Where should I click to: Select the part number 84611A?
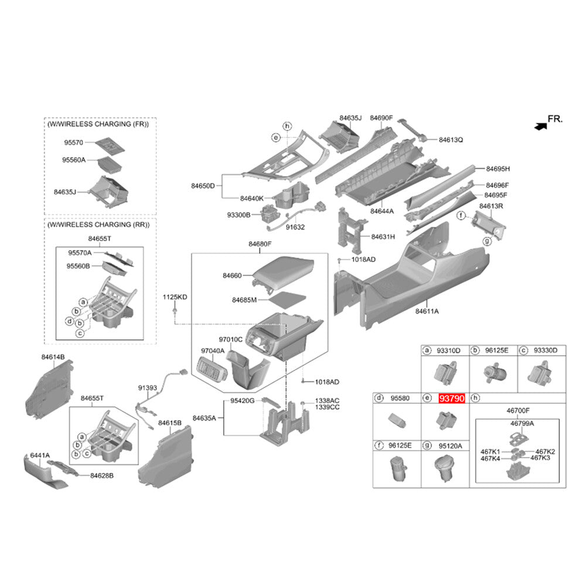(x=427, y=311)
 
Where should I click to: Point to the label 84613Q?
(x=451, y=140)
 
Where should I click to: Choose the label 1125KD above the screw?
(x=175, y=298)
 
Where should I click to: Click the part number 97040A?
(x=213, y=350)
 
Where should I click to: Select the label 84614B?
(x=53, y=356)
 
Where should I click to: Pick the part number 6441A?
(x=40, y=455)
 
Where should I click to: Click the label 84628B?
(x=101, y=475)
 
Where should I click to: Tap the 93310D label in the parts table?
(x=449, y=350)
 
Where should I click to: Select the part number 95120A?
(x=450, y=446)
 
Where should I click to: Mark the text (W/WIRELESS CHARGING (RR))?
(x=98, y=225)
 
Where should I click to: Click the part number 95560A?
(x=74, y=159)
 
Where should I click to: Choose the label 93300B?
(x=239, y=215)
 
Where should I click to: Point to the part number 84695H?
(x=498, y=169)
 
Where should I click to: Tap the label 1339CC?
(x=327, y=407)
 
